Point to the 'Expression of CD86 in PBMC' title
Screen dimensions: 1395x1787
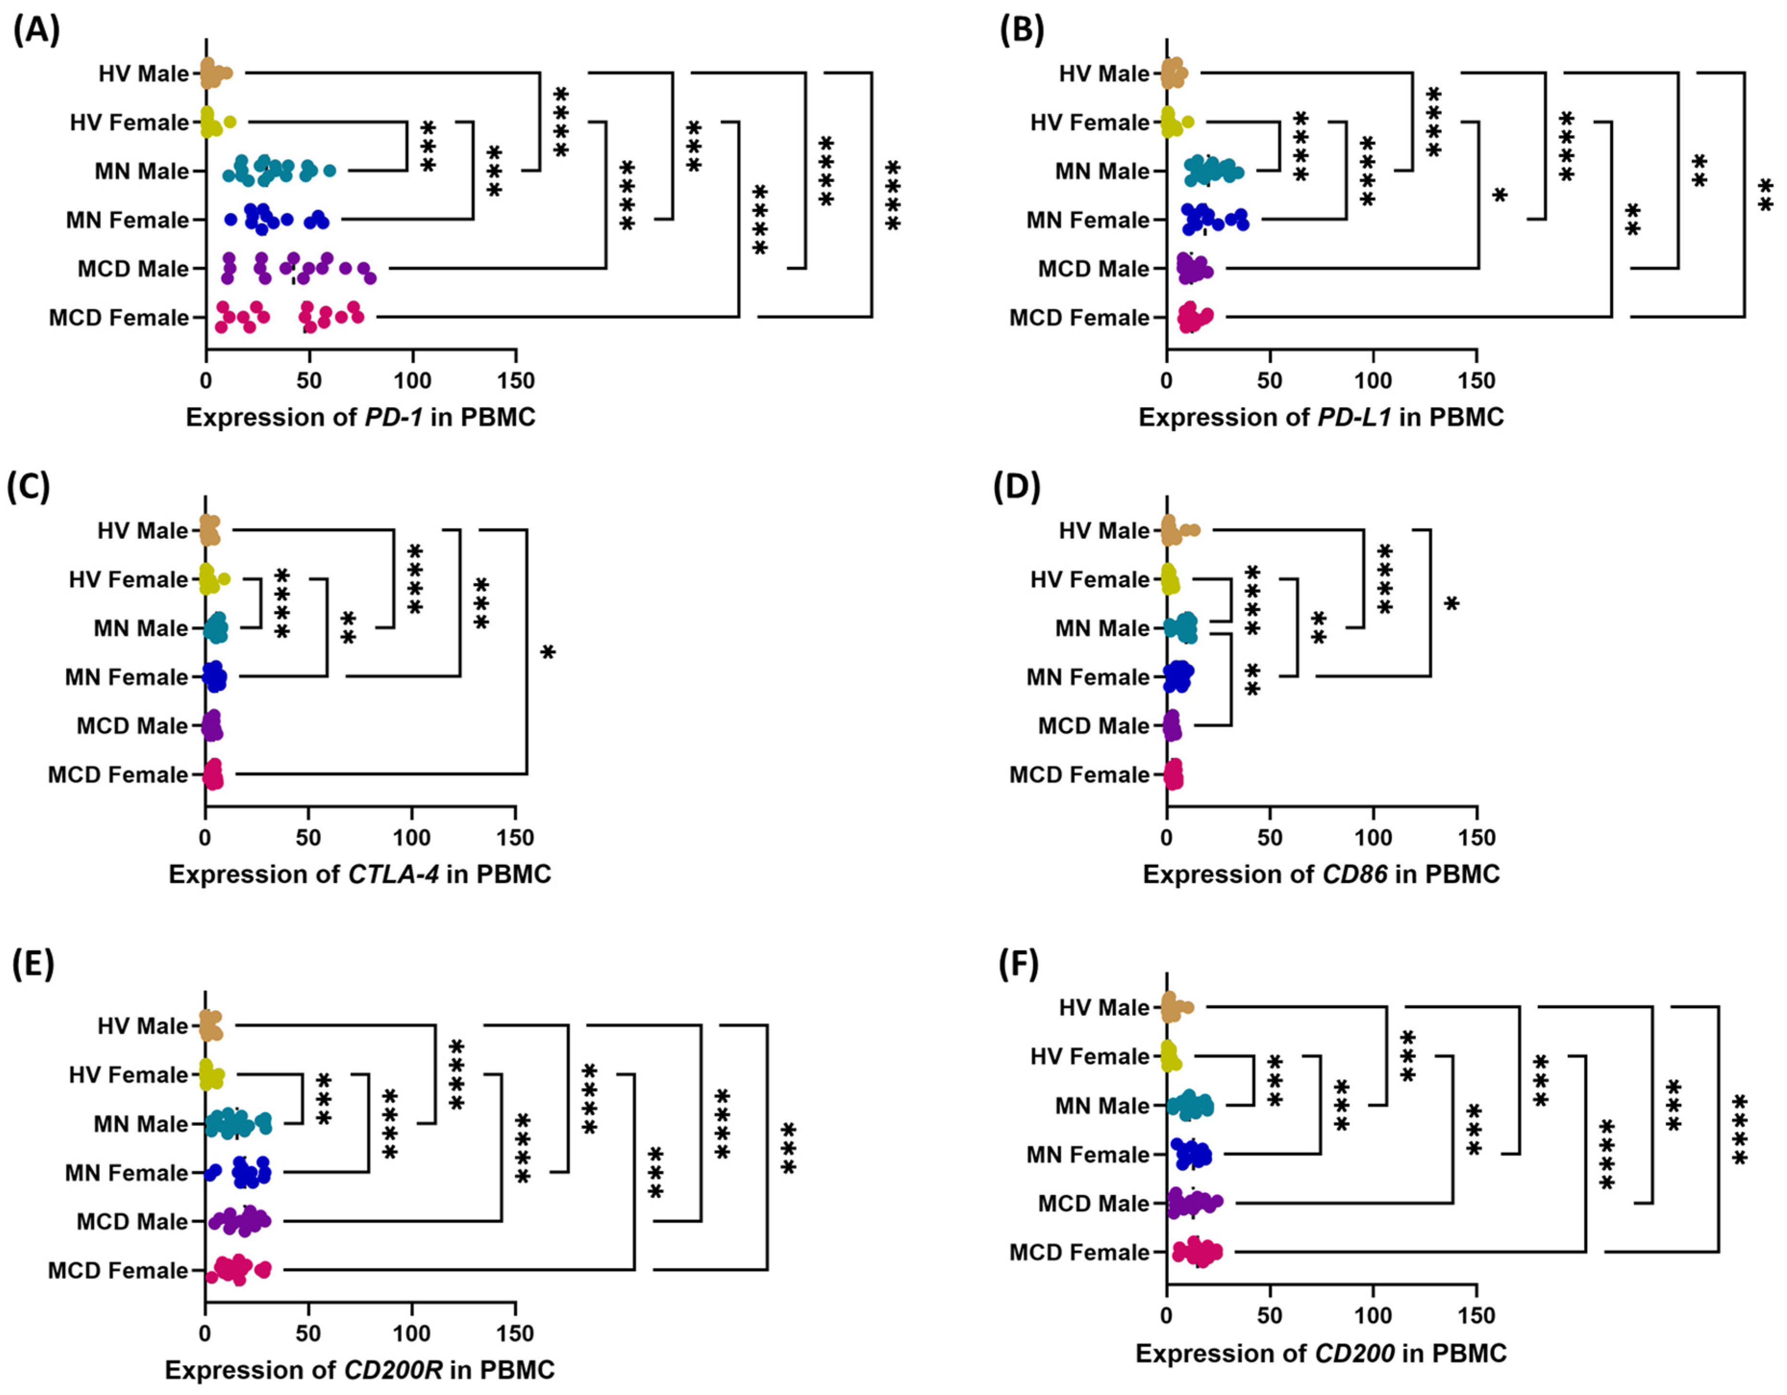pos(1321,874)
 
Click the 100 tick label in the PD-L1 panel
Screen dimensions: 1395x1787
pos(1372,380)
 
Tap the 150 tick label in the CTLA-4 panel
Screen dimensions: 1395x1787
pos(515,838)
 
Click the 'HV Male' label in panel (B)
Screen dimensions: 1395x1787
pos(1104,74)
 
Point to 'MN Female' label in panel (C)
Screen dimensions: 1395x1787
pos(127,677)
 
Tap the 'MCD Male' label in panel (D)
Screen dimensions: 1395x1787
pos(1093,726)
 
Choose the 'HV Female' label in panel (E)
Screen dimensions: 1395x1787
pos(128,1074)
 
